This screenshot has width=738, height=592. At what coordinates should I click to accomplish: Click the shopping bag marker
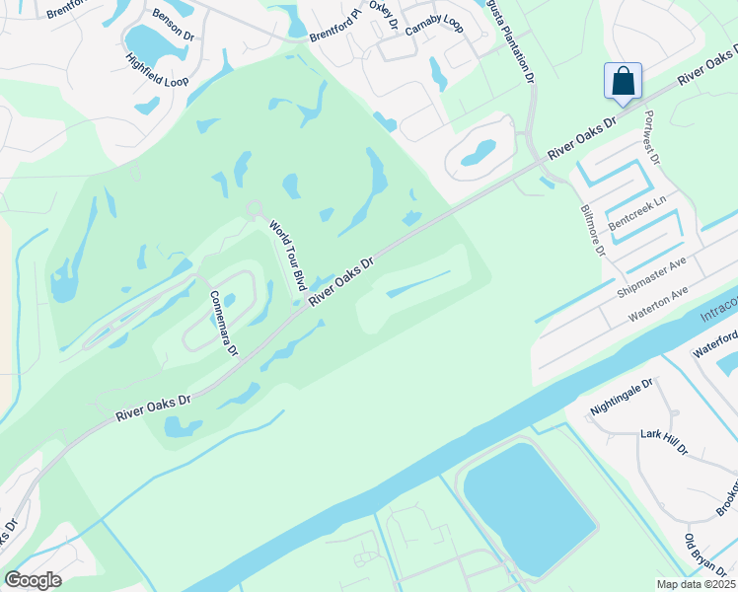tap(623, 81)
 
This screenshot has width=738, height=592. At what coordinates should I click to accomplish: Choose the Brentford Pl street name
tap(335, 27)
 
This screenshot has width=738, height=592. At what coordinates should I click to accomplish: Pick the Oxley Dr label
tap(381, 14)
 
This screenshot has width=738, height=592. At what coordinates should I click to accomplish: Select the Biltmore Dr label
tap(592, 229)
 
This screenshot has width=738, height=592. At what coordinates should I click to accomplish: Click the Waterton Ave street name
tap(658, 305)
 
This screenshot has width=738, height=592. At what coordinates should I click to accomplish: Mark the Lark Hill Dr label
tap(663, 441)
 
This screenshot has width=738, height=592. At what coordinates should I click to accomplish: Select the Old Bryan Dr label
tap(702, 556)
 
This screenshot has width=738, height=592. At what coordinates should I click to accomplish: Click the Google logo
tap(33, 580)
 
